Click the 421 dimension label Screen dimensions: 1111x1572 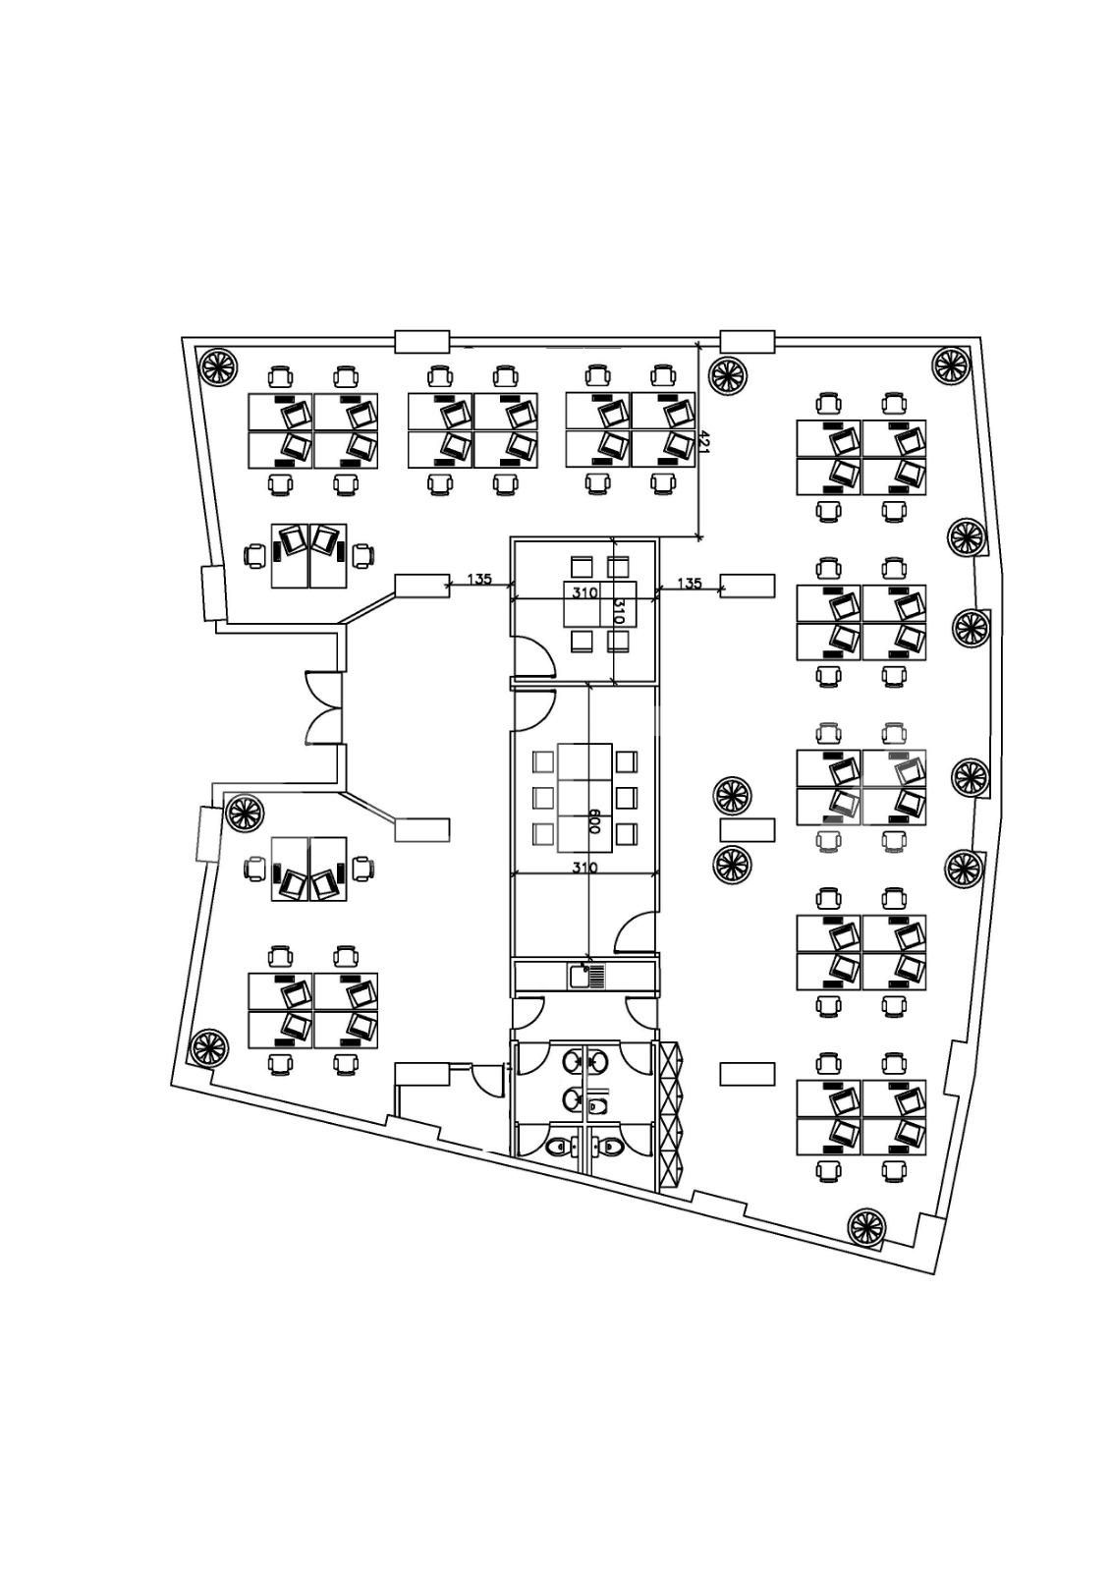705,442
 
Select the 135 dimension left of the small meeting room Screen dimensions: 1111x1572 479,580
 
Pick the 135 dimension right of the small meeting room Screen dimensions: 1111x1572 690,583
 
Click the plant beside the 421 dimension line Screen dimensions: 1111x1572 727,375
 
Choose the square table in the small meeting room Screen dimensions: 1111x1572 600,603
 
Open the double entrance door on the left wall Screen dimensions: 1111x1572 323,707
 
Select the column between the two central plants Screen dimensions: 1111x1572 748,829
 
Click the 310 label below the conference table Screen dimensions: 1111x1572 583,868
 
